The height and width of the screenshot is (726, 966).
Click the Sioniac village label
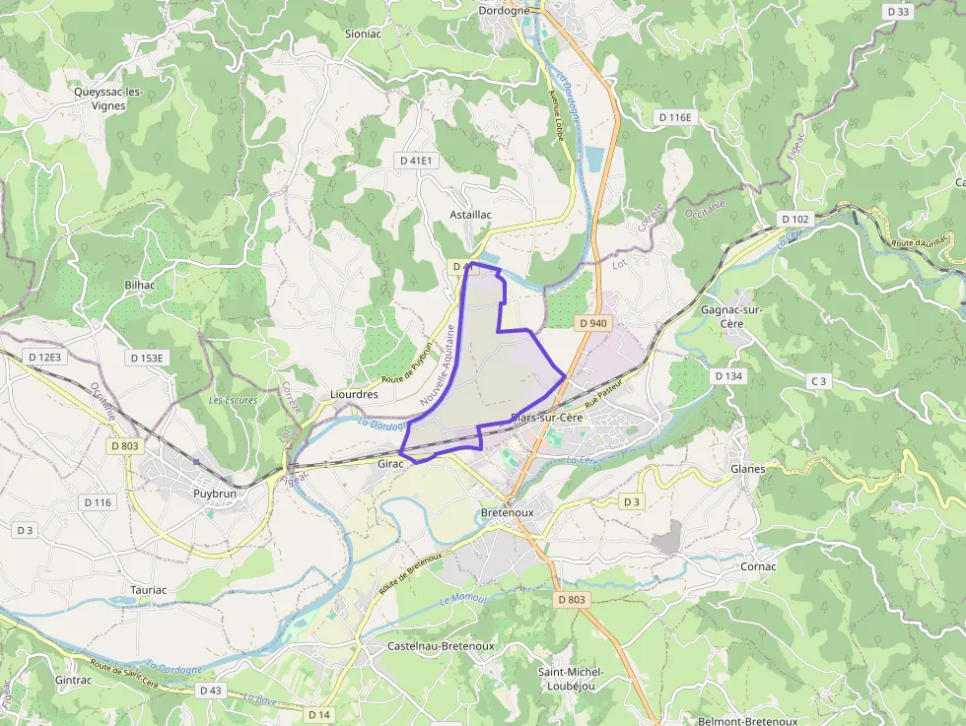coord(362,33)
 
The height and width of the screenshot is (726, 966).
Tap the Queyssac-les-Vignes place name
coord(108,99)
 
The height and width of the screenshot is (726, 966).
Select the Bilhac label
coord(141,284)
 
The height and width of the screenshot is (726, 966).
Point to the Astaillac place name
coord(470,214)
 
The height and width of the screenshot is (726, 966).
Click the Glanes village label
coord(747,469)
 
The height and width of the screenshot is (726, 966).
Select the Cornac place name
coord(758,566)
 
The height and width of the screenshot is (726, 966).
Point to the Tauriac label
coord(149,590)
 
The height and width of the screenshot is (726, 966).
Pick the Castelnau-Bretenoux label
coord(427,646)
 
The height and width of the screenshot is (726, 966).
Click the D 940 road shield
coord(593,323)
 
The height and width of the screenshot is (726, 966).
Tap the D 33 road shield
coord(898,12)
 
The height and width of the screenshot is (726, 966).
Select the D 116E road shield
coord(675,117)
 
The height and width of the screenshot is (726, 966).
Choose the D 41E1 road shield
coord(417,160)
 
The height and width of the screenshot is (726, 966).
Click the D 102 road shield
coord(793,219)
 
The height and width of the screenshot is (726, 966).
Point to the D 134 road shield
coord(727,376)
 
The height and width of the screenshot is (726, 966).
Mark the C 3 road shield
coord(818,380)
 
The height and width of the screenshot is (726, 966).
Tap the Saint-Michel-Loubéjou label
coord(571,679)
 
